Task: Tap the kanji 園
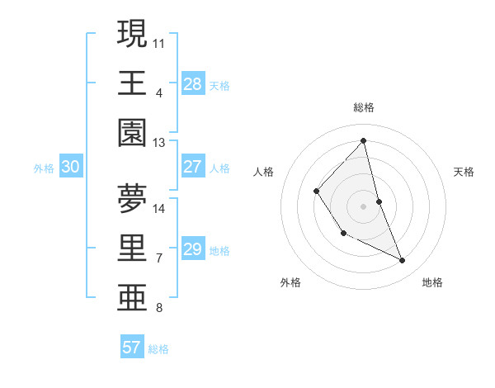(133, 132)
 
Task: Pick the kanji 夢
(133, 198)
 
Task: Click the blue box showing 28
(192, 84)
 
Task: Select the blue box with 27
(192, 167)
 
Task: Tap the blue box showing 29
(192, 249)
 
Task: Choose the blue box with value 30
(70, 167)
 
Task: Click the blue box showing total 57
(132, 348)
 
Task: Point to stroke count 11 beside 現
(159, 41)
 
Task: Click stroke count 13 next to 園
(159, 142)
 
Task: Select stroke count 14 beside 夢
(159, 208)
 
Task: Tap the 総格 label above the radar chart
(364, 107)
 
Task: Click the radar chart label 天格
(464, 172)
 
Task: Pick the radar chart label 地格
(432, 282)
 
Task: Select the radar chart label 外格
(290, 282)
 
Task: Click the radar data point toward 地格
(403, 261)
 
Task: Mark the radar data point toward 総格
(364, 140)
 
